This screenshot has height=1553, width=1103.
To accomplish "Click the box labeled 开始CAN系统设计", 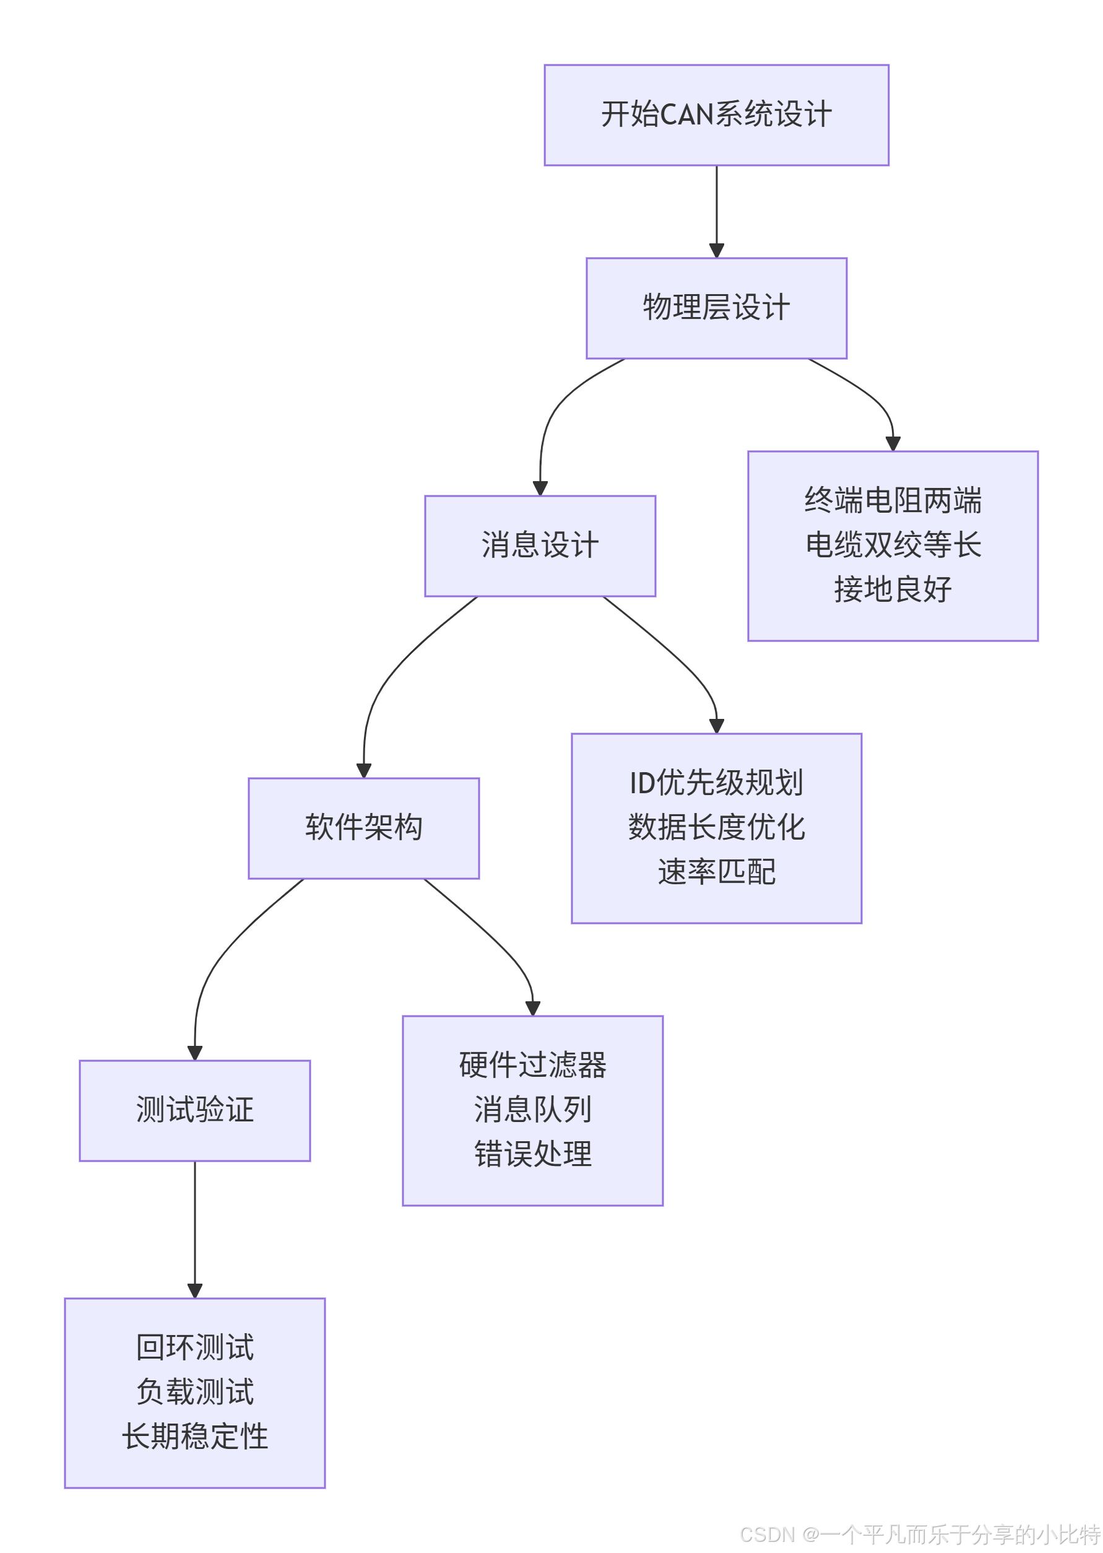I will (x=716, y=115).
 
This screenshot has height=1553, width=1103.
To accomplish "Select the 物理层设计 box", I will (x=716, y=308).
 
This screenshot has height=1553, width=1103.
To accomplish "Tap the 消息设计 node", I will (x=540, y=546).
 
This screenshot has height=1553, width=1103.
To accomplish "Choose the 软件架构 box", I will (x=363, y=827).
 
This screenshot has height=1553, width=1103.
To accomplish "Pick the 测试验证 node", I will (x=195, y=1110).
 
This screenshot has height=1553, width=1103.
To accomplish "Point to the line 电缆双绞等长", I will (x=893, y=545).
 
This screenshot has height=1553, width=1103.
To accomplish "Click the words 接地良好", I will (x=893, y=589).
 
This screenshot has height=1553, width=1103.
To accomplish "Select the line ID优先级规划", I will (x=716, y=783).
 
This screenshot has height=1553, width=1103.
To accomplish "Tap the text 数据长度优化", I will (x=716, y=827).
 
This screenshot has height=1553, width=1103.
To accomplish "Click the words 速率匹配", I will (x=716, y=872).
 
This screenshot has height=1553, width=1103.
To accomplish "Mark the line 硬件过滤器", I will (x=532, y=1064).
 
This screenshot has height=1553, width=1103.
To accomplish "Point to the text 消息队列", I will (x=532, y=1110).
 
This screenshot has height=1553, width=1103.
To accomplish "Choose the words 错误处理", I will (x=532, y=1154).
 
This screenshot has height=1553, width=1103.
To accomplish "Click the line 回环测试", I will (x=195, y=1347).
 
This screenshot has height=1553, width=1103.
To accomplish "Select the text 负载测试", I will (x=195, y=1391).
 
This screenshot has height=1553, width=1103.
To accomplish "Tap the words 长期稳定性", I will (x=195, y=1436).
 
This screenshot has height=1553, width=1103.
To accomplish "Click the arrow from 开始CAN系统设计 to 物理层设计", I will (x=716, y=211).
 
